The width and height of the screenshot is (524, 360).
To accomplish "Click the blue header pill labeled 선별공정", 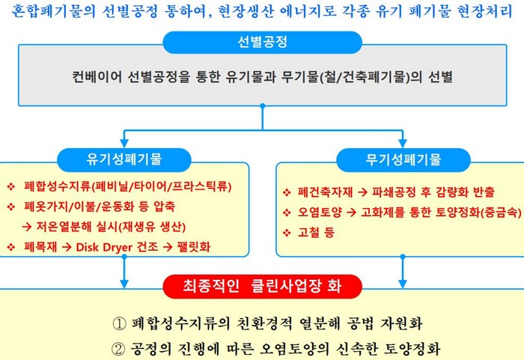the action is coord(262,43).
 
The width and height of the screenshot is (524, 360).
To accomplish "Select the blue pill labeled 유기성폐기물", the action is coord(124,159).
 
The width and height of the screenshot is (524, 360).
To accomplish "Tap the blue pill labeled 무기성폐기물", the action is coord(403,159).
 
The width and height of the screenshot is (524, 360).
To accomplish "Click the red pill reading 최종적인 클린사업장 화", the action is coord(262,286).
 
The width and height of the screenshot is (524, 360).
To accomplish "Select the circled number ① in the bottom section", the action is coord(119,323).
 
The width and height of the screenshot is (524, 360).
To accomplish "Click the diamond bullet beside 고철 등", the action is coord(287,233).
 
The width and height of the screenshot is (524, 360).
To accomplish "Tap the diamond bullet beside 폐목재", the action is coord(11,247).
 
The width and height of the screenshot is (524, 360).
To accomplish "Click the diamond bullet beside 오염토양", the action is coord(287,213).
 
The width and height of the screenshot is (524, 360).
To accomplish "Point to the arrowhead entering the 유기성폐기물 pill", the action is coord(124,143).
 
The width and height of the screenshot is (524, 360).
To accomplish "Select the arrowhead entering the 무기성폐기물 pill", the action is coord(403,143).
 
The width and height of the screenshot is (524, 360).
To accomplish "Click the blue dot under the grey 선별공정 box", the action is coord(263,106).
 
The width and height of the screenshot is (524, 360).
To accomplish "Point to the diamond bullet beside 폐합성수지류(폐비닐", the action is coord(11,186).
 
